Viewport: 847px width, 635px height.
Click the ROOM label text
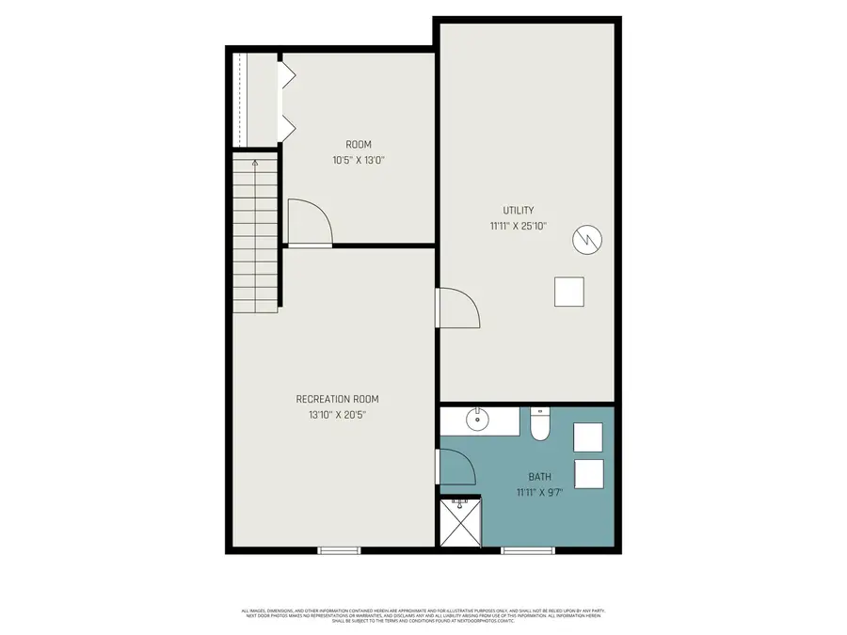click(359, 144)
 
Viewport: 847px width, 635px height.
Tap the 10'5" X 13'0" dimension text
click(359, 160)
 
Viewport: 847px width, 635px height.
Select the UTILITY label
click(518, 210)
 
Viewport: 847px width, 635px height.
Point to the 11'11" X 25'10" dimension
click(518, 226)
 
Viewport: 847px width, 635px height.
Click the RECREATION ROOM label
click(337, 399)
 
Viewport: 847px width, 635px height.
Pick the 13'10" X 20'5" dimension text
click(337, 415)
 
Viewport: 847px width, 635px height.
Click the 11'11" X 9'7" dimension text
click(539, 492)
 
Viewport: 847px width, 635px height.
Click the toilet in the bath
click(540, 426)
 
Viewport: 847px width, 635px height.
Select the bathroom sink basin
click(477, 420)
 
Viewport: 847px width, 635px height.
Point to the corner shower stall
click(460, 523)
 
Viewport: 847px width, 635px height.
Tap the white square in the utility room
click(568, 292)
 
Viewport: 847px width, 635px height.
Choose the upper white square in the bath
click(587, 437)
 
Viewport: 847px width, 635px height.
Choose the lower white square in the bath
click(587, 472)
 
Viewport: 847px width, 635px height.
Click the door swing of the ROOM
click(308, 224)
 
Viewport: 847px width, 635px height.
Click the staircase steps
click(256, 235)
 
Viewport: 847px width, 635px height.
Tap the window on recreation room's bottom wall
click(340, 550)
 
